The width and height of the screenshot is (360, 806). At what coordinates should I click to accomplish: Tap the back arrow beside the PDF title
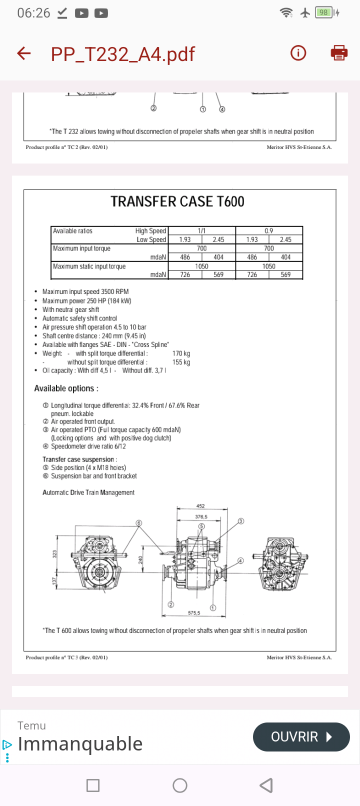24,53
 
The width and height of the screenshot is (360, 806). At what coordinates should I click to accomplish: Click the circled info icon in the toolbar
298,53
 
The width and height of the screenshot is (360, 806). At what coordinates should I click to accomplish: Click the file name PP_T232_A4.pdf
122,54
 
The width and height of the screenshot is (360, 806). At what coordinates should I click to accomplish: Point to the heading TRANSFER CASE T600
177,201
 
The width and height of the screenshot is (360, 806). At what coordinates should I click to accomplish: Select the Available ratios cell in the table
73,231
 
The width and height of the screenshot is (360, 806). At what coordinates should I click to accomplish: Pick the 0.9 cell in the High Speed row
269,231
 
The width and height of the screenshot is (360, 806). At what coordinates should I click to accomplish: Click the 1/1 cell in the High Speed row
201,231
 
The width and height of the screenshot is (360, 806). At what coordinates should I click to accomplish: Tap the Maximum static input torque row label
89,266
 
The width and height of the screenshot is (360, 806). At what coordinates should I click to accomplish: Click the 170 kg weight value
181,353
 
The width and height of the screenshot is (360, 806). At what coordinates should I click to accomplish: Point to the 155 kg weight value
181,362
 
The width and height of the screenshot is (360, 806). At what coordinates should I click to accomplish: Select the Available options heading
66,388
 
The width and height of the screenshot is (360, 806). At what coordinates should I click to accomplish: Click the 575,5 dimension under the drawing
194,613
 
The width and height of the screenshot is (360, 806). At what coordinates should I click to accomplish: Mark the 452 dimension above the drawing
200,506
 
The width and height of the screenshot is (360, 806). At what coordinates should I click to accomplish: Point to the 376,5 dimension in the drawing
201,517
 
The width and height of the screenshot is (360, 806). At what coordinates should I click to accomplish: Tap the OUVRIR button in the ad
301,737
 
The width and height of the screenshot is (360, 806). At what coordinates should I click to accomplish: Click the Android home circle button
180,785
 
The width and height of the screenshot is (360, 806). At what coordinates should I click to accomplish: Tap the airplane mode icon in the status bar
305,13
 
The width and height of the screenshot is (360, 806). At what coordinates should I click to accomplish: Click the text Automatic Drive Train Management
88,492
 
